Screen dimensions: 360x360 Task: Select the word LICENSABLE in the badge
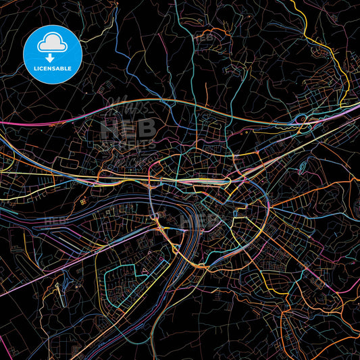coord(52,69)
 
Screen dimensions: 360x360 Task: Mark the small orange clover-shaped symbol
coord(82,201)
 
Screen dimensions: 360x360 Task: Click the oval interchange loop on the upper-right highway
coord(304,120)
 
